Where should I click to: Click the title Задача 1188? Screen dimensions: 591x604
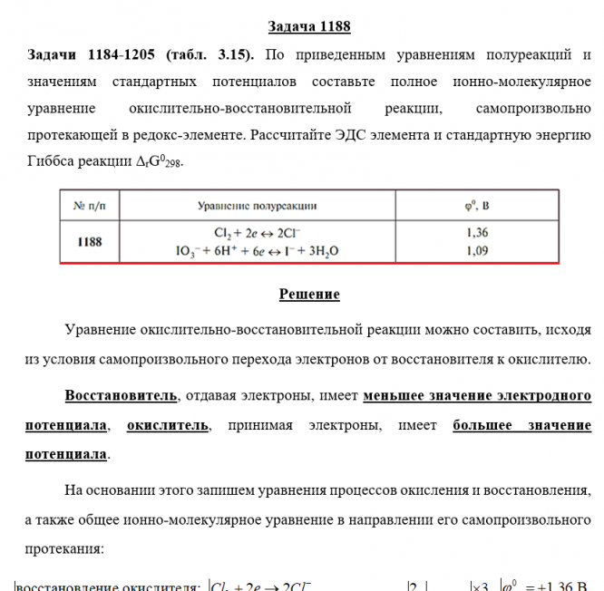tap(309, 26)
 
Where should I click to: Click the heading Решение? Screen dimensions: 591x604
tap(309, 294)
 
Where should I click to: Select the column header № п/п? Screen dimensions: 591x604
tap(90, 206)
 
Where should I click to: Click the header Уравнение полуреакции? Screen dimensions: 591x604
tap(258, 206)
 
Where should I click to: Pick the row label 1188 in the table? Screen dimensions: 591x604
tap(90, 241)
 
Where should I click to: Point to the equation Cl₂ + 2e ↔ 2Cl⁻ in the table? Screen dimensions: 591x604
tap(258, 232)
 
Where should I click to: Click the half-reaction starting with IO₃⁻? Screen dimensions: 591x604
tap(258, 249)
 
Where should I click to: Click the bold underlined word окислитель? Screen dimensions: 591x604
tap(167, 424)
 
